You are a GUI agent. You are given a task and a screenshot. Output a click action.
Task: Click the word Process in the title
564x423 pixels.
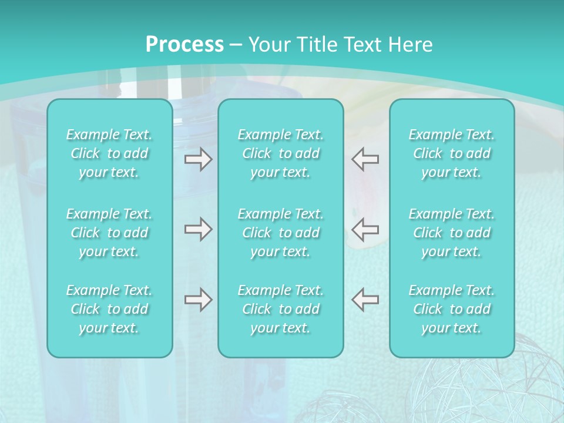[184, 45]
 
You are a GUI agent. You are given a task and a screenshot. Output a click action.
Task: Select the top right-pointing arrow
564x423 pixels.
[198, 159]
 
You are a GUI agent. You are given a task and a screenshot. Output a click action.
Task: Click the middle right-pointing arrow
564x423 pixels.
[198, 229]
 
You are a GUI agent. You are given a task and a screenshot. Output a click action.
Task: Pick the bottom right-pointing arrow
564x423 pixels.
[198, 300]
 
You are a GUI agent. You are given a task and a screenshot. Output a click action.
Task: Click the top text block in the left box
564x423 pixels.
[109, 153]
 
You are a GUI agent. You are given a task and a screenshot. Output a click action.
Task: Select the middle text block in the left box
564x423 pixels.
[109, 233]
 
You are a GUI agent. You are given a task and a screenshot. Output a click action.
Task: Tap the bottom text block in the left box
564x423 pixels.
[109, 309]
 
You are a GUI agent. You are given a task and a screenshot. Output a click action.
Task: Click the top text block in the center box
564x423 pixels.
[281, 153]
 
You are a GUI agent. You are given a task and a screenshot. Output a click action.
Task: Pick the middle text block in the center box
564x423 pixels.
[281, 233]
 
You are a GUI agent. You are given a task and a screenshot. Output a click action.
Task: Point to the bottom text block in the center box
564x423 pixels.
[281, 309]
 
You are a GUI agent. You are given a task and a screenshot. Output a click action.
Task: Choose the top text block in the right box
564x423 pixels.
[452, 153]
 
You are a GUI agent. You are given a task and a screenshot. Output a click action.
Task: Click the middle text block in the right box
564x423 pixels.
[452, 233]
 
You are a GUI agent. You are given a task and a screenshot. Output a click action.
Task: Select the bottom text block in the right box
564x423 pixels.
[452, 309]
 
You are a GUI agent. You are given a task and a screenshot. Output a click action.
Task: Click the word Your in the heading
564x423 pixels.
[268, 45]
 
